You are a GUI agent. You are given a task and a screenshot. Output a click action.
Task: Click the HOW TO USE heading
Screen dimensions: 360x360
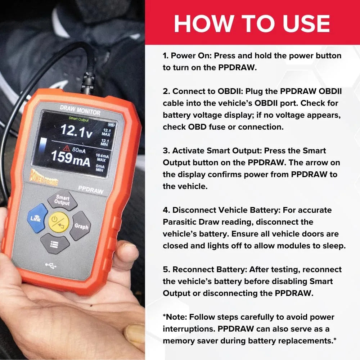[x=252, y=23]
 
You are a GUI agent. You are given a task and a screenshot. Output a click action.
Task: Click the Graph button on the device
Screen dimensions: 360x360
[x=81, y=226]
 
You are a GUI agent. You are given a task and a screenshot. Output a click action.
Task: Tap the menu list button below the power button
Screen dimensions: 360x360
[x=55, y=244]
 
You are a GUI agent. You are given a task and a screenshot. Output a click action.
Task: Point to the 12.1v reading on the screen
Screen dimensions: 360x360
[x=76, y=131]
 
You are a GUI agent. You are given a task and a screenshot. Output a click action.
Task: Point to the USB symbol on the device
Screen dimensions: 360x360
[x=51, y=266]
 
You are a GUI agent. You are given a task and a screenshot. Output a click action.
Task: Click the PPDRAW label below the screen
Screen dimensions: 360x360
[x=91, y=188]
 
